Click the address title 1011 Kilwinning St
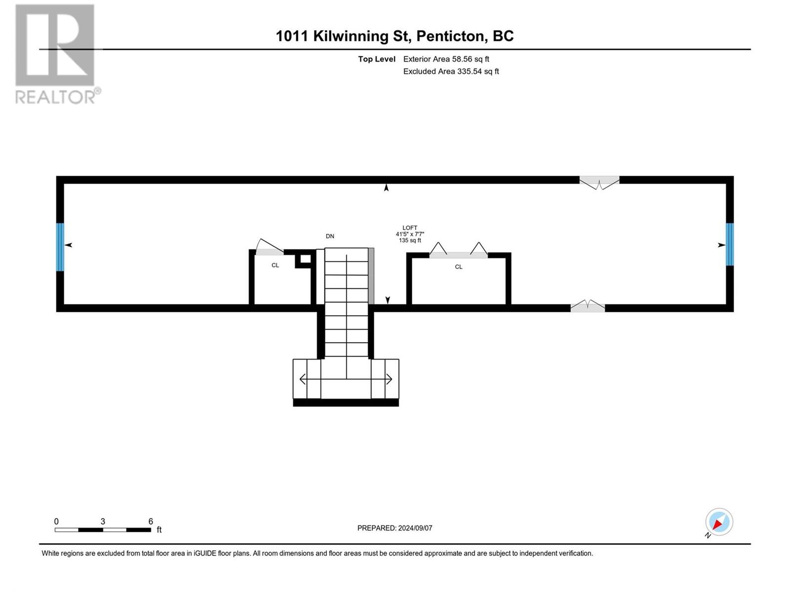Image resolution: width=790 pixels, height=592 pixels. (x=343, y=36)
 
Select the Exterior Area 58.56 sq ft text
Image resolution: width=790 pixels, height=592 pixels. (x=446, y=59)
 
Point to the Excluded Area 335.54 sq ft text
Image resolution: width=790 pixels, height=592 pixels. (x=451, y=71)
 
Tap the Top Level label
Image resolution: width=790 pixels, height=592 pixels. (x=376, y=59)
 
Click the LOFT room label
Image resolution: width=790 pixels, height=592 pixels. (x=410, y=228)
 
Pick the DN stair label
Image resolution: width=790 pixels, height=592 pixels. (x=330, y=236)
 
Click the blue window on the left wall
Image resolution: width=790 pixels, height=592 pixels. (x=60, y=247)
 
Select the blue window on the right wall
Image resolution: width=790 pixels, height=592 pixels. (x=729, y=244)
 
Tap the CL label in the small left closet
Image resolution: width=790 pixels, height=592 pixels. (x=275, y=265)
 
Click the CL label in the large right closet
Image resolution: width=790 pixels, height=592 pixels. (x=458, y=267)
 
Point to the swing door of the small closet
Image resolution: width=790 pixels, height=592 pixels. (x=270, y=248)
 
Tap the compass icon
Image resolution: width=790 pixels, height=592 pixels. (x=718, y=521)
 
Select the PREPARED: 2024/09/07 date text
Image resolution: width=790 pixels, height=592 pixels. (x=395, y=528)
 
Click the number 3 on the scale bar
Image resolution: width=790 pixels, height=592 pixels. (x=103, y=521)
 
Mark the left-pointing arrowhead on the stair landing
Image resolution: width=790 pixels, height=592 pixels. (x=303, y=379)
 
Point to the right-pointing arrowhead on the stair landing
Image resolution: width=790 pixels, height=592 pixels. (x=389, y=379)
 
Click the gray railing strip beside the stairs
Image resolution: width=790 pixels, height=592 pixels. (x=371, y=276)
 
